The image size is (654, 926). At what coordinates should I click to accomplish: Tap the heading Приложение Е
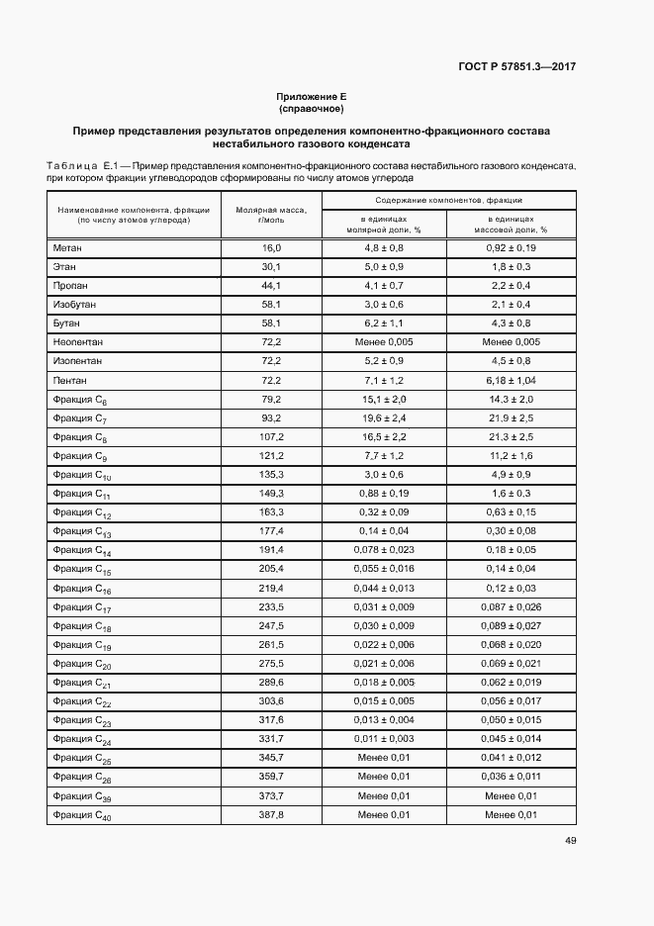[x=312, y=97]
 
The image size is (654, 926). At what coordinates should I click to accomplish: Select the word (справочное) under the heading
[x=312, y=109]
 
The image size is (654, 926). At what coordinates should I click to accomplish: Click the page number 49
[x=571, y=841]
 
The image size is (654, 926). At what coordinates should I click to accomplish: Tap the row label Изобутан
[x=74, y=304]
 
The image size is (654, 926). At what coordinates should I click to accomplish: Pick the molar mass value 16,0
[x=272, y=247]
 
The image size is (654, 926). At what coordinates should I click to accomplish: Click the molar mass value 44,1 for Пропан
[x=272, y=285]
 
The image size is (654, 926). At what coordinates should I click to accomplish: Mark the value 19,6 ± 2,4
[x=385, y=417]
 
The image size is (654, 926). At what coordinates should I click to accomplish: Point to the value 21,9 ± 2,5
[x=511, y=417]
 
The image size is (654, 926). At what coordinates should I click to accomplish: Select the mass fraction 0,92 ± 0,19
[x=511, y=247]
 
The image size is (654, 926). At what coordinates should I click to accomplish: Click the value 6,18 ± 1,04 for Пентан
[x=511, y=380]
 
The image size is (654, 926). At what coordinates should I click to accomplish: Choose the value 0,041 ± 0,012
[x=511, y=758]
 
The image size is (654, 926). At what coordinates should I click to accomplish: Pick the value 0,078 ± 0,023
[x=385, y=549]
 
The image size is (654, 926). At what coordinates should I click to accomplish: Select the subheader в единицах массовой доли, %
[x=511, y=224]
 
